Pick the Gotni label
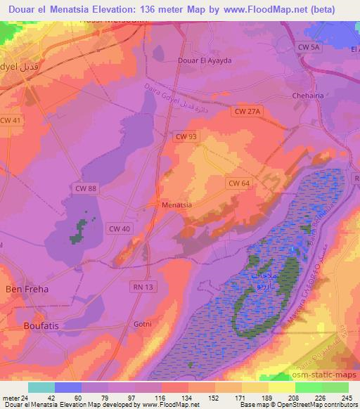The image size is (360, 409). click(x=143, y=324)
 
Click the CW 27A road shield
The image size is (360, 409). click(x=247, y=110)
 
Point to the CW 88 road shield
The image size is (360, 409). click(x=86, y=187)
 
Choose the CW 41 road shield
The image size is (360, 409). click(x=11, y=120)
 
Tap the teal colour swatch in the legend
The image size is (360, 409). click(x=41, y=387)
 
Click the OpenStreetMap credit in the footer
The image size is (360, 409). click(x=305, y=405)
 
